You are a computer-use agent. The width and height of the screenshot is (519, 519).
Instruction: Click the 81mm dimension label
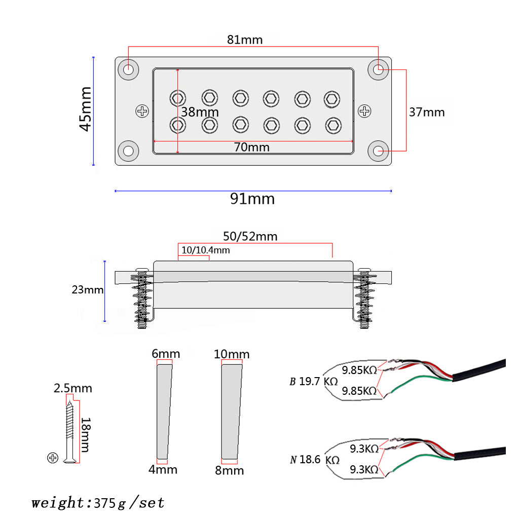pos(245,40)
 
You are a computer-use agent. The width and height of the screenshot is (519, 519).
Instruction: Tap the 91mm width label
pos(252,199)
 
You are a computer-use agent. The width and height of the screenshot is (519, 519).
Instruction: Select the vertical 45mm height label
pos(86,108)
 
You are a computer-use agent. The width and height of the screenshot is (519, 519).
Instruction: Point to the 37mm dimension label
pos(427,112)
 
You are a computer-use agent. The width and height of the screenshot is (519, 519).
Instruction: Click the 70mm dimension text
pos(251,147)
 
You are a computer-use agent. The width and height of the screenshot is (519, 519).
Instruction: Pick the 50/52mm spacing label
pos(250,236)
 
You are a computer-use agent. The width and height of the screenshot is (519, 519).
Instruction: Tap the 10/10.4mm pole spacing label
pos(205,250)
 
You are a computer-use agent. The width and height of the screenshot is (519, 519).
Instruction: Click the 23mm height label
pos(88,290)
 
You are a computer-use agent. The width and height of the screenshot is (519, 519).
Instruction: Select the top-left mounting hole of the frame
pos(129,69)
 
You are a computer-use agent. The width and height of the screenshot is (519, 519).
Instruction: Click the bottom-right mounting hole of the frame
pos(379,151)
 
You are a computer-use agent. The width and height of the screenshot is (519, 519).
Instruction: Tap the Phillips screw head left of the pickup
pos(143,110)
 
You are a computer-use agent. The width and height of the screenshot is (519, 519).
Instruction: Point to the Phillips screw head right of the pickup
pos(364,110)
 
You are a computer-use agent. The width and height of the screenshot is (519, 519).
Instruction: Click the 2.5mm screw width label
pos(73,388)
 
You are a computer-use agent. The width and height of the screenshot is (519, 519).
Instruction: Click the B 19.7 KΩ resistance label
pos(314,381)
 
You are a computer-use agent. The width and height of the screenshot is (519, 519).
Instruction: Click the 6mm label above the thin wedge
pos(166,353)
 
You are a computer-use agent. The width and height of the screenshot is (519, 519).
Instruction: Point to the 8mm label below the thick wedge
pos(229,470)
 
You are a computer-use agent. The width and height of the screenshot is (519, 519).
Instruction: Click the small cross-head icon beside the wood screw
pos(53,458)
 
